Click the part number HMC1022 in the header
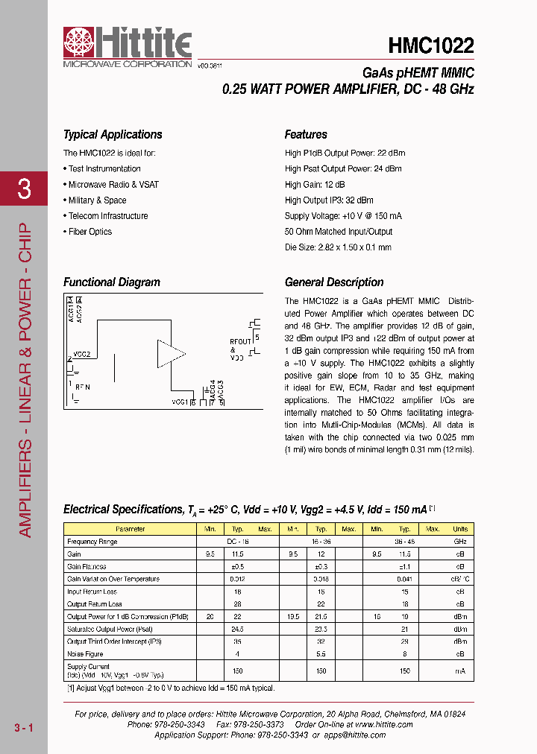point(430,46)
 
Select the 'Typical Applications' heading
point(113,135)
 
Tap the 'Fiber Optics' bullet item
point(89,232)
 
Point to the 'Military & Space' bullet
point(97,200)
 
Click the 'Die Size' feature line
point(338,247)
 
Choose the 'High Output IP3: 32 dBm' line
point(329,200)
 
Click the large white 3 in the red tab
point(24,189)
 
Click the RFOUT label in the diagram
point(241,342)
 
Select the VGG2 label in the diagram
point(82,355)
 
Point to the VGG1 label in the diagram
point(179,402)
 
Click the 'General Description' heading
point(334,282)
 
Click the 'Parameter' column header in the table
point(131,529)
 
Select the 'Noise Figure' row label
point(84,654)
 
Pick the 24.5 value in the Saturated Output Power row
point(236,629)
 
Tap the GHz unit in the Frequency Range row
point(460,542)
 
